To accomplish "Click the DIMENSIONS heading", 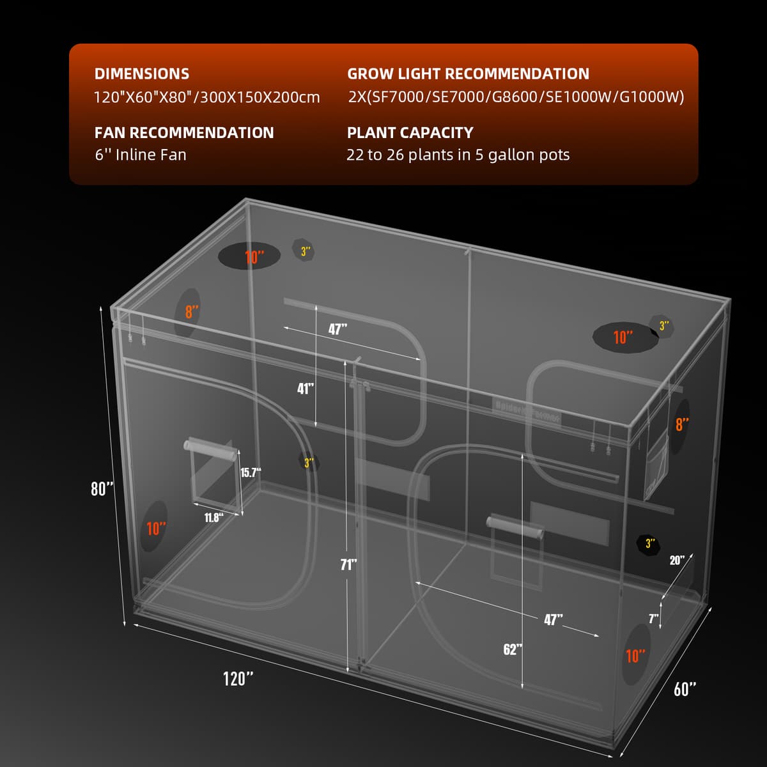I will tap(141, 74).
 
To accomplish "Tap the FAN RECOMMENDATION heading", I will tap(184, 133).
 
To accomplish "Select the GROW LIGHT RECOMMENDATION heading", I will tap(468, 74).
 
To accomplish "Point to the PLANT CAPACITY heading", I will tap(410, 133).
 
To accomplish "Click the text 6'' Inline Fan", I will tap(141, 155).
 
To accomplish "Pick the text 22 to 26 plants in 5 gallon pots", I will tap(458, 155).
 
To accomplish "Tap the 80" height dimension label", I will tap(102, 489).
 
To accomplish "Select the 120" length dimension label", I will tap(238, 678).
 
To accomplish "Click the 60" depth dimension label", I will tap(685, 689).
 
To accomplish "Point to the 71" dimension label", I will tap(348, 564).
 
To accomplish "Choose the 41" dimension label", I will tap(306, 389).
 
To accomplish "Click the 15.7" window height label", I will tap(251, 472).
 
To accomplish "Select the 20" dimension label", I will tap(677, 560).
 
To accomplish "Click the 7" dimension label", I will tap(653, 618).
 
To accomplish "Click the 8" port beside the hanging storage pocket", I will tap(682, 424).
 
